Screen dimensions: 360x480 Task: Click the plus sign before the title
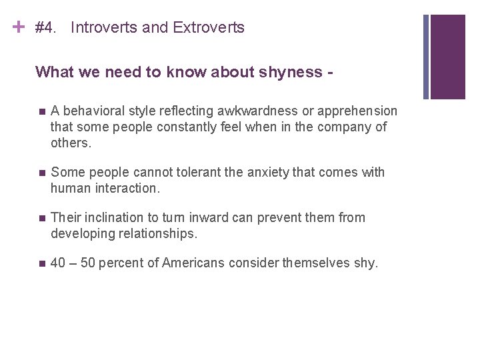click(x=19, y=27)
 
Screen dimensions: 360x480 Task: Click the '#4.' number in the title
click(x=45, y=28)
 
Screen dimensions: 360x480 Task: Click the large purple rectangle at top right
click(x=447, y=57)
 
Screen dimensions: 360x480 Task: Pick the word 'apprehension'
click(x=360, y=111)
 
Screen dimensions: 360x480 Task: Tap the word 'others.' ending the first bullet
click(x=70, y=143)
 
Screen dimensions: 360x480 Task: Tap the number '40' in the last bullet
click(x=58, y=263)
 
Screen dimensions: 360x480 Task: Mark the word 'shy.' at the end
click(x=365, y=263)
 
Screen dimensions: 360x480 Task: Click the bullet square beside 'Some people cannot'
click(x=41, y=173)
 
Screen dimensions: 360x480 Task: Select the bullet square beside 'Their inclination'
click(x=41, y=218)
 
